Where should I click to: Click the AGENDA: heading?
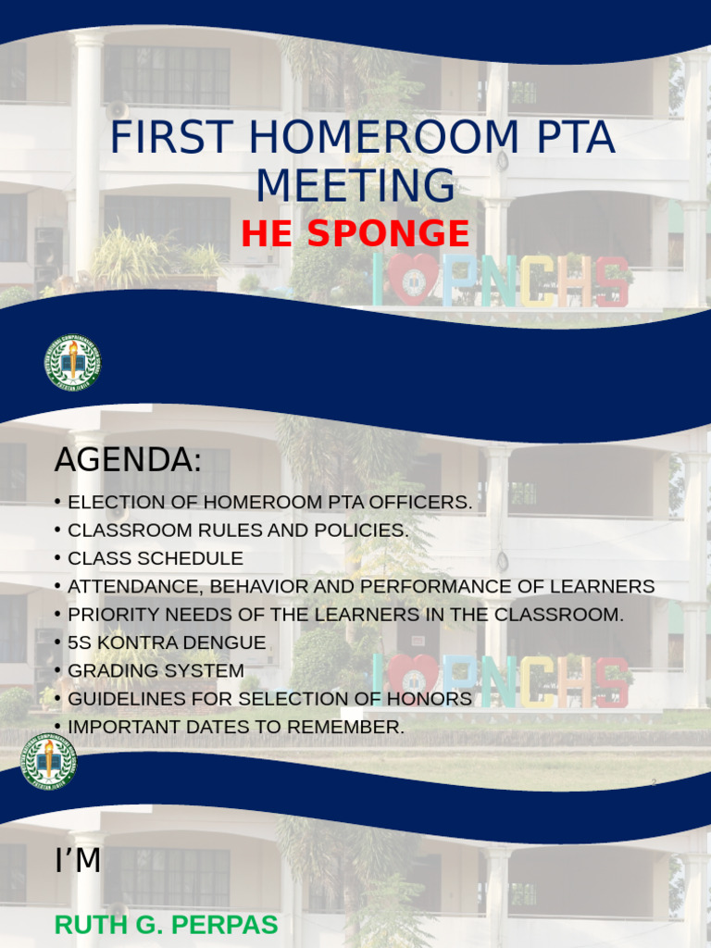(x=128, y=460)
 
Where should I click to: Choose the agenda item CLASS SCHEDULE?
(x=156, y=559)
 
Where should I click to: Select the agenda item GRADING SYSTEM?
(x=156, y=670)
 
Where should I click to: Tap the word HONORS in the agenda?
(x=434, y=699)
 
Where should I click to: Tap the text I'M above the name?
(x=78, y=862)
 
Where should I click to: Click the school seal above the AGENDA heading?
(x=73, y=363)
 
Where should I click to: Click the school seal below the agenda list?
(x=49, y=761)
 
